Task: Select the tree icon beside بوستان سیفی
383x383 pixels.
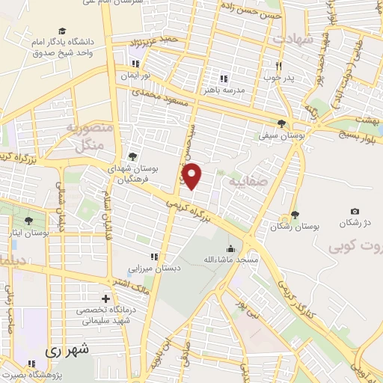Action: click(x=281, y=124)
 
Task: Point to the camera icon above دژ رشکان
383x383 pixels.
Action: click(x=355, y=212)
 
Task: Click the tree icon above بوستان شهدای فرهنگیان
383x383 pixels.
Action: click(x=132, y=156)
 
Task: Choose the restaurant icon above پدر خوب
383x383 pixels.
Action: click(x=278, y=64)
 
